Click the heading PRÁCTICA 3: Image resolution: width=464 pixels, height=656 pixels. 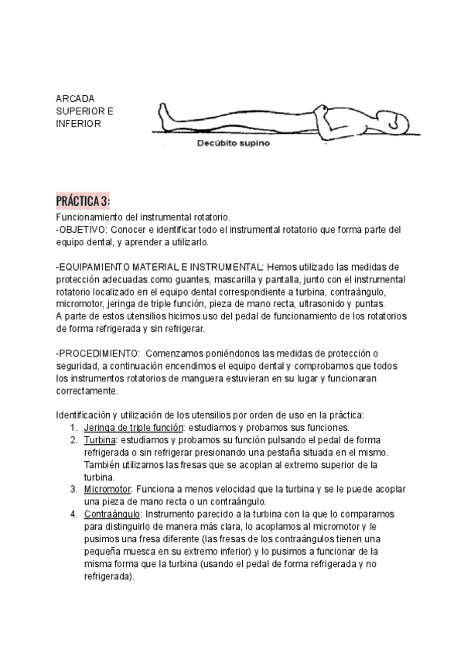pos(83,201)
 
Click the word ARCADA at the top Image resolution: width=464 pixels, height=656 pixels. pos(75,100)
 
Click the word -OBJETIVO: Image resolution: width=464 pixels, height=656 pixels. pos(83,230)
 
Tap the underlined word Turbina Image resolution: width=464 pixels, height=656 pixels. pos(100,440)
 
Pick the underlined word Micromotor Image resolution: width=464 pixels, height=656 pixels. pos(107,490)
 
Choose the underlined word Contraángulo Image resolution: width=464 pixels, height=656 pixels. pos(111,514)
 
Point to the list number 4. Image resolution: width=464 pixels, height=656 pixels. pos(73,514)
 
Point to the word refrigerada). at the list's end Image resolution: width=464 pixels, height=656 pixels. pos(108,576)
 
